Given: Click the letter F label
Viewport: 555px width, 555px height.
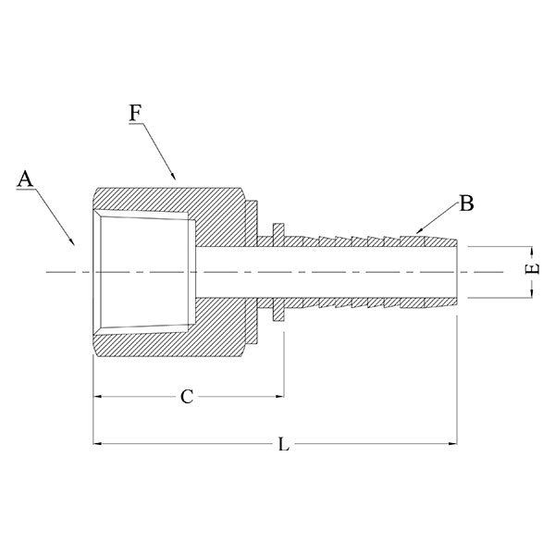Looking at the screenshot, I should click(x=135, y=114).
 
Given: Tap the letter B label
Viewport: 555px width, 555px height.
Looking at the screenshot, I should click(x=466, y=203).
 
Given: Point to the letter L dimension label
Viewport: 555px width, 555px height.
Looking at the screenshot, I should click(x=284, y=445).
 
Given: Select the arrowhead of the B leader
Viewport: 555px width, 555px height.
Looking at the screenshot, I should click(x=415, y=231).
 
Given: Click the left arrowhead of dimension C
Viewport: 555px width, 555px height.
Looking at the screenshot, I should click(x=97, y=397).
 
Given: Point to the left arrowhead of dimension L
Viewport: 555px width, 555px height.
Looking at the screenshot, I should click(x=97, y=446).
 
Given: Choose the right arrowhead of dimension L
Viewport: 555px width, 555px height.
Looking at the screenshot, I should click(x=454, y=446).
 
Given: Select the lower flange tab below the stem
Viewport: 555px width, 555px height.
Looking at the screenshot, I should click(x=277, y=314).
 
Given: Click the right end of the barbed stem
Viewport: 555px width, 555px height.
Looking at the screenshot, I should click(x=456, y=272).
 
